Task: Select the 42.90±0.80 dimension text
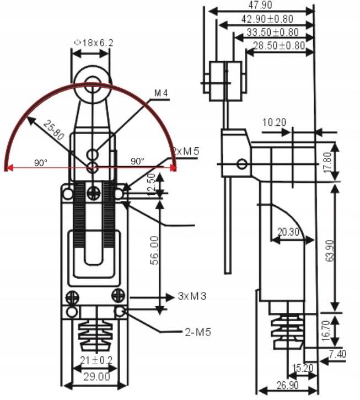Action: click(270, 19)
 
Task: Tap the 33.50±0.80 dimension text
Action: click(272, 33)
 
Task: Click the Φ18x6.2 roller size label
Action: click(94, 43)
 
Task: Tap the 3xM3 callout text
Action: click(192, 296)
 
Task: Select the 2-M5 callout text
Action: click(197, 332)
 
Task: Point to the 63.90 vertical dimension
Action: click(330, 251)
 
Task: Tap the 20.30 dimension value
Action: click(288, 232)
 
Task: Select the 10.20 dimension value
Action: click(273, 121)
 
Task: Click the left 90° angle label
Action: click(40, 163)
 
